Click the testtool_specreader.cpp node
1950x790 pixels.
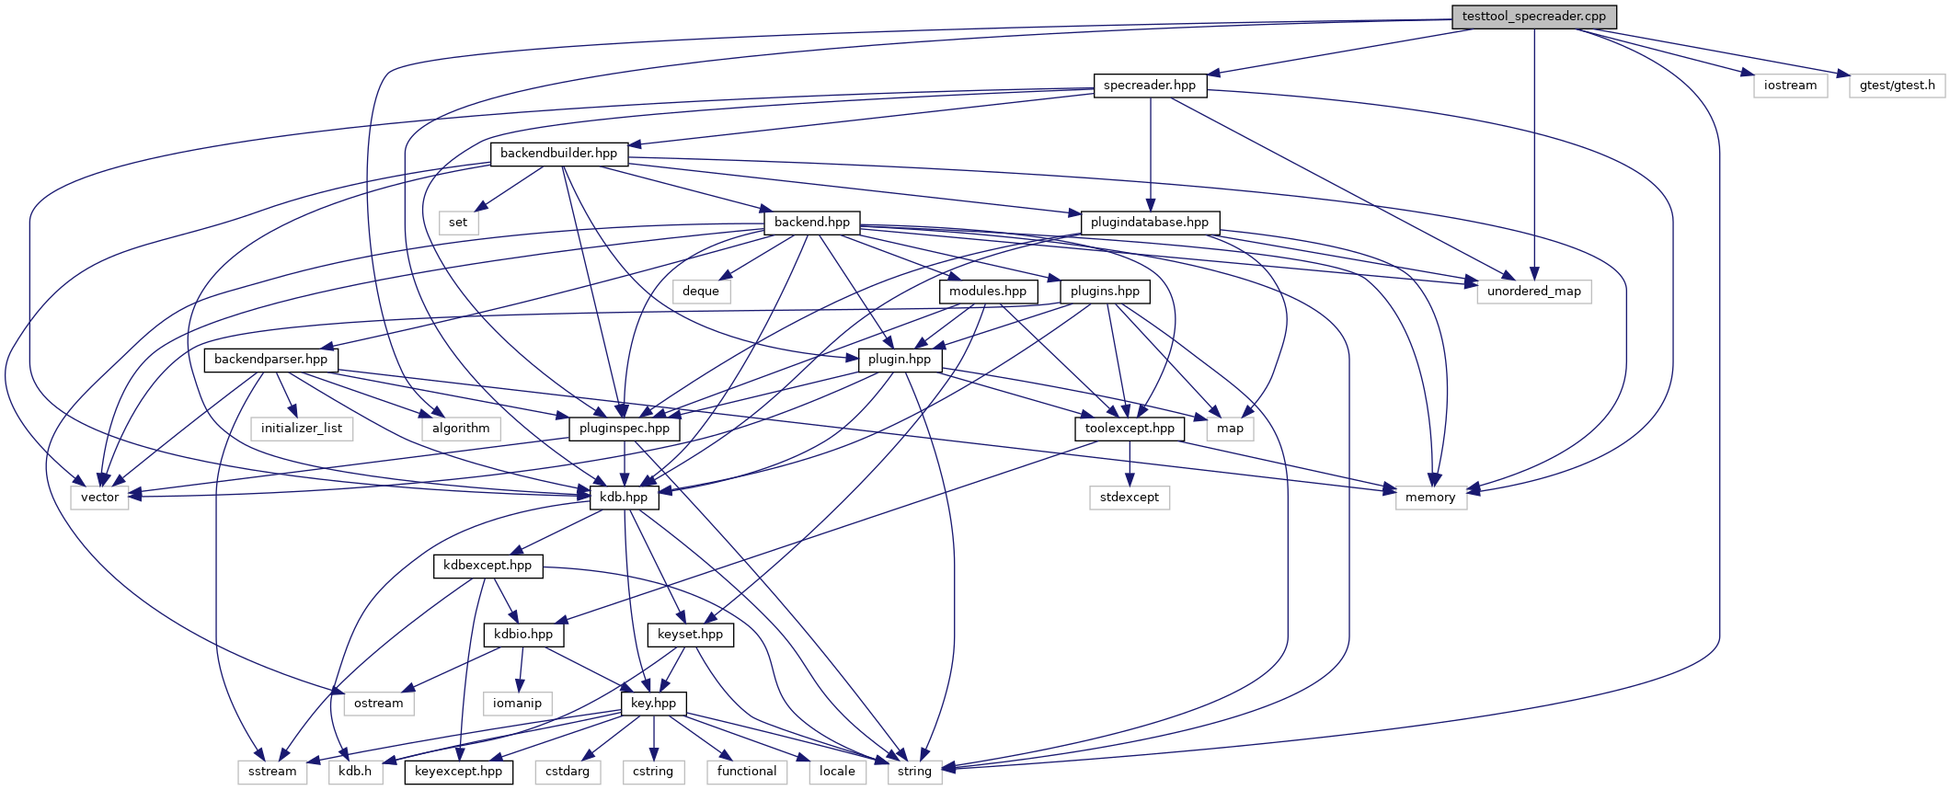tap(1533, 17)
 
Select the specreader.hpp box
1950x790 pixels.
tap(1150, 86)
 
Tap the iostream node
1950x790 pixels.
tap(1790, 86)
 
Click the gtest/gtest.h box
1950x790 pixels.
tap(1897, 86)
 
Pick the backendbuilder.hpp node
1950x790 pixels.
tap(558, 154)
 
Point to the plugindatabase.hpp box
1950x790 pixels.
tap(1150, 223)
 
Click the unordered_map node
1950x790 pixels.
tap(1534, 292)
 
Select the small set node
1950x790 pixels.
tap(458, 223)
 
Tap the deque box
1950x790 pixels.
tap(701, 292)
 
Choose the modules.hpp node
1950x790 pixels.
tap(988, 292)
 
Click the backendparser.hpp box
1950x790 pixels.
tap(270, 360)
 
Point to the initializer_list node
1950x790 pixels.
tap(302, 429)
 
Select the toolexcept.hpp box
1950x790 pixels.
tap(1130, 429)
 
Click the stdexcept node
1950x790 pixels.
tap(1130, 498)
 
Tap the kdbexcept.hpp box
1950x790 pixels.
tap(487, 566)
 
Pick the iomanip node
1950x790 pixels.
tap(518, 704)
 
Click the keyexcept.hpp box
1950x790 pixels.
tap(458, 772)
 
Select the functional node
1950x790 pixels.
tap(747, 772)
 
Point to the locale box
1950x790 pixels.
tap(837, 772)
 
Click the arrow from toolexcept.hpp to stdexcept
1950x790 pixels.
tap(1130, 464)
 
